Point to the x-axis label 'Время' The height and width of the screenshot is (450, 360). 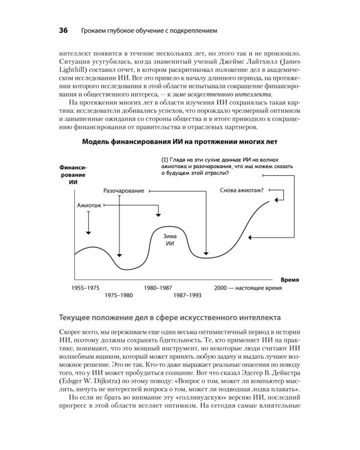(x=290, y=280)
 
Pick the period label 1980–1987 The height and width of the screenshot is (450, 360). (x=158, y=289)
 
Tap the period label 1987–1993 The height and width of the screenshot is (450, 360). (x=188, y=296)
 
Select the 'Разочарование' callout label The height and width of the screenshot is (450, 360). (x=124, y=190)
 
